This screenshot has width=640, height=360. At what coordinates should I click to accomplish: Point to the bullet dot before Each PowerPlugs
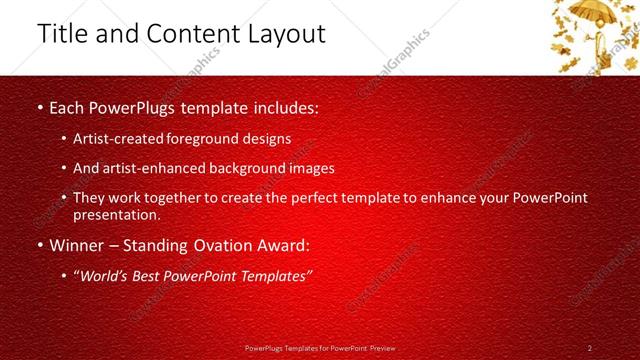(39, 106)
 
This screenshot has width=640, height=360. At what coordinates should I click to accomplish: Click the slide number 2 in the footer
(590, 348)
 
